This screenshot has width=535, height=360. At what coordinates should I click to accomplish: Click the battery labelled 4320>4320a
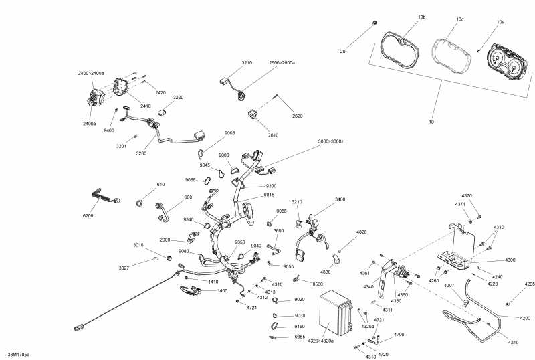click(336, 313)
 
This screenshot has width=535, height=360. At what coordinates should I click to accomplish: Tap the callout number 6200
click(88, 216)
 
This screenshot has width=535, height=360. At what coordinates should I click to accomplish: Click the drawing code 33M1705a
click(19, 355)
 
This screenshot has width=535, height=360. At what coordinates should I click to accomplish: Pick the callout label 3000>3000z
click(330, 141)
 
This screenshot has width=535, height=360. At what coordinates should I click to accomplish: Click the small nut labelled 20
click(374, 23)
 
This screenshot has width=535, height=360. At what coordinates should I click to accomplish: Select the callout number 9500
click(318, 284)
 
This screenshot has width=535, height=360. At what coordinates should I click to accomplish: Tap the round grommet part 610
click(139, 203)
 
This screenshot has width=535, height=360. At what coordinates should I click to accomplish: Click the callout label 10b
click(422, 17)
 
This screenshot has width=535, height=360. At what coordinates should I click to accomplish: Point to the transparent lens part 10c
click(452, 56)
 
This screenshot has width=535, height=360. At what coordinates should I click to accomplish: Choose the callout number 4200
click(525, 318)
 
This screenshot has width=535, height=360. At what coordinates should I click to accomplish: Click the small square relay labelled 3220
click(163, 112)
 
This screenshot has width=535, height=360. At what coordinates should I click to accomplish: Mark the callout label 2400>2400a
click(91, 73)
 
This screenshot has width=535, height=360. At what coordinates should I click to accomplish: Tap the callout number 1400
click(222, 290)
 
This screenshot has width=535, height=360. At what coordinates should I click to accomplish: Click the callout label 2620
click(297, 116)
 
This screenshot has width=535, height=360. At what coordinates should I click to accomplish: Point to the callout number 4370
click(467, 195)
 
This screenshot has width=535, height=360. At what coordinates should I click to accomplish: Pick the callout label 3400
click(340, 199)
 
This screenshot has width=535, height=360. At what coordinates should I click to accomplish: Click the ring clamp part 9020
click(276, 300)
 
